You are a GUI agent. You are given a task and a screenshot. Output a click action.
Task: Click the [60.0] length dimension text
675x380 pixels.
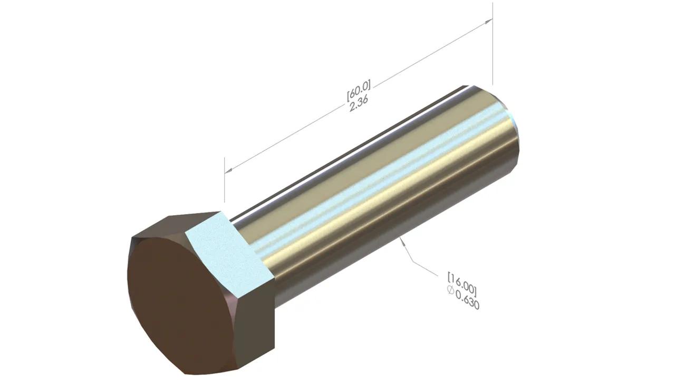tap(359, 90)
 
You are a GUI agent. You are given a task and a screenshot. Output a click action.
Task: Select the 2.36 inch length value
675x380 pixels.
tap(359, 104)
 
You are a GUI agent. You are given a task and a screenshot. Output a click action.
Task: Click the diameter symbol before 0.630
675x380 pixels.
tap(450, 290)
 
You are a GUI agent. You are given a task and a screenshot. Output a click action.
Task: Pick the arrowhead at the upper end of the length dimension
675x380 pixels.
tap(488, 22)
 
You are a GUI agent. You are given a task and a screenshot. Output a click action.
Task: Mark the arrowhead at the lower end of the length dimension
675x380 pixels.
tap(229, 170)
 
